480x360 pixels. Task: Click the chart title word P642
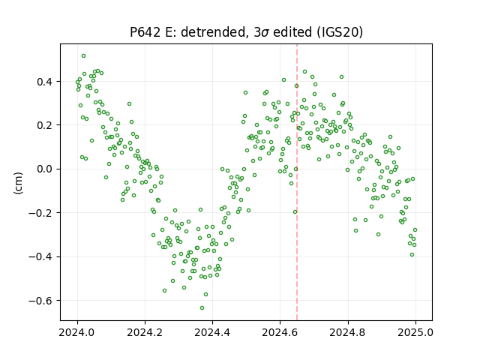click(x=145, y=31)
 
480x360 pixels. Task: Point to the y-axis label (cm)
click(x=18, y=182)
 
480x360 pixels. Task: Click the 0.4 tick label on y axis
click(x=45, y=82)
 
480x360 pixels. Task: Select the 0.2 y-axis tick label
click(x=45, y=125)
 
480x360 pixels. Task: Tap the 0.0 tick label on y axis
click(x=45, y=169)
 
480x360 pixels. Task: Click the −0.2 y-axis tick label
click(x=41, y=213)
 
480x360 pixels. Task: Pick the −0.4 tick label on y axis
click(x=41, y=256)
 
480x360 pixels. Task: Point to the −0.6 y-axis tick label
click(x=41, y=301)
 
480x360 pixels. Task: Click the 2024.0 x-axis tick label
click(x=77, y=332)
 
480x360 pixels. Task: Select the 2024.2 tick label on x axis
click(x=145, y=332)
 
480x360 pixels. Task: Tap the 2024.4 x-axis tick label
click(x=212, y=332)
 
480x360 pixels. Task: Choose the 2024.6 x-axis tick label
click(x=280, y=332)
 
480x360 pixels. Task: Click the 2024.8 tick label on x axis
click(x=347, y=332)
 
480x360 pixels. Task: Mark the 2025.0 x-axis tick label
click(x=415, y=332)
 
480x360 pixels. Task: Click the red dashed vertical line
click(x=297, y=182)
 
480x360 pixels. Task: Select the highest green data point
click(x=83, y=56)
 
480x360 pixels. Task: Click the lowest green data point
click(x=202, y=307)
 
